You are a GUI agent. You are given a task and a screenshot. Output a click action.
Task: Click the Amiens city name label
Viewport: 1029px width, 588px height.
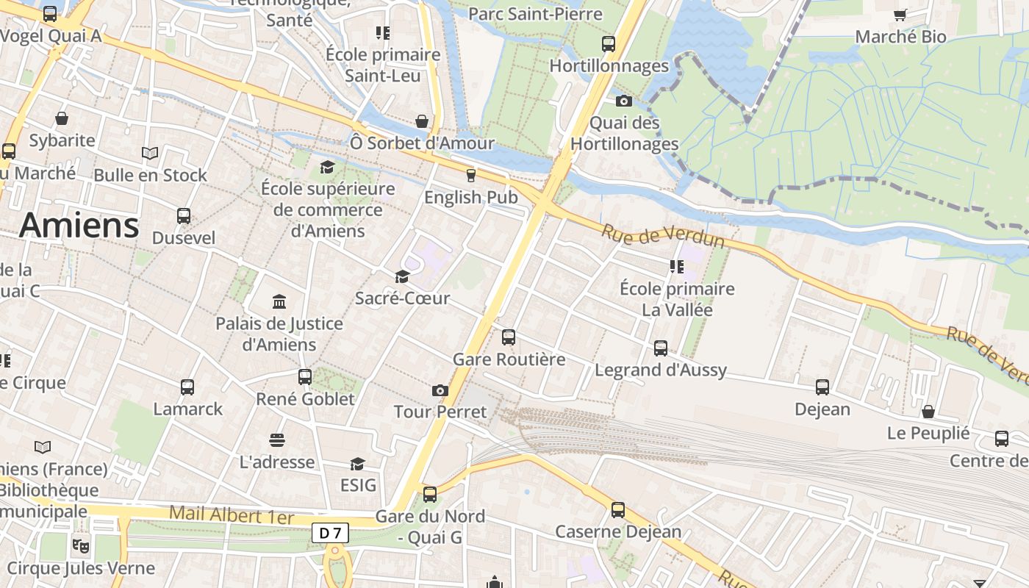click(x=79, y=225)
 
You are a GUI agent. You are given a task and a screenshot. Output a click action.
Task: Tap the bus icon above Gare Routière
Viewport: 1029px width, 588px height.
click(x=509, y=337)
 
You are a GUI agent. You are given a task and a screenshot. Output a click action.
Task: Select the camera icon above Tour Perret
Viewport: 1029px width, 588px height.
click(x=440, y=390)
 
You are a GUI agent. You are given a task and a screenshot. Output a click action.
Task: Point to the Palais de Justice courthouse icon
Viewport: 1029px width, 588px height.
click(x=279, y=301)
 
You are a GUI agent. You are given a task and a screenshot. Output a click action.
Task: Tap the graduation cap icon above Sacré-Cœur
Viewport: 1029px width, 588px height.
click(x=402, y=276)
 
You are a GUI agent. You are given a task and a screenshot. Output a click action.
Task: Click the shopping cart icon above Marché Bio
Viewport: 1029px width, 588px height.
click(x=900, y=15)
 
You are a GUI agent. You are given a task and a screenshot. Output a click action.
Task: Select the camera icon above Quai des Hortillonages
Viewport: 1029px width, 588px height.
click(x=624, y=101)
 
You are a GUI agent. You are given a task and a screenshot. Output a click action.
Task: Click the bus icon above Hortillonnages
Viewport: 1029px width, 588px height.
click(x=609, y=43)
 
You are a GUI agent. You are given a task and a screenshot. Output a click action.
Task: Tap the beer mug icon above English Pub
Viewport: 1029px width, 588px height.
click(x=471, y=175)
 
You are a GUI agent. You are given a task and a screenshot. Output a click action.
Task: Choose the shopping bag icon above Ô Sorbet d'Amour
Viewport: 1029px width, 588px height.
click(x=422, y=121)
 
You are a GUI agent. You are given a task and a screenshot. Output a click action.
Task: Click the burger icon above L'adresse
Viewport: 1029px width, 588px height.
click(x=277, y=440)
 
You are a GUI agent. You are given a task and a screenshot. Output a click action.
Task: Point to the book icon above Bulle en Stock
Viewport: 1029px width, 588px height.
click(x=150, y=153)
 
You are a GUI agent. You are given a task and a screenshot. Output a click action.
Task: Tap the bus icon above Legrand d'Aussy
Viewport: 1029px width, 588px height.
click(x=661, y=348)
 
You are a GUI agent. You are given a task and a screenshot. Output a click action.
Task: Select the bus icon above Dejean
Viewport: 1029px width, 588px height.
click(x=822, y=387)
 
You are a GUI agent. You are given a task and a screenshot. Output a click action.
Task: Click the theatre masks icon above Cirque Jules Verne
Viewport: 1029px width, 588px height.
click(x=80, y=545)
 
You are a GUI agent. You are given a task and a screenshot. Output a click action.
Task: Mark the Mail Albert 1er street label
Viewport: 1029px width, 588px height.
click(x=232, y=514)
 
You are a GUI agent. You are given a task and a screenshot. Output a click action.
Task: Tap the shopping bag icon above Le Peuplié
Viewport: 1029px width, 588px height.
click(x=928, y=412)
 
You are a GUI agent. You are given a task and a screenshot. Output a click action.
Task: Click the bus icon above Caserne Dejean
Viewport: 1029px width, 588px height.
click(x=618, y=509)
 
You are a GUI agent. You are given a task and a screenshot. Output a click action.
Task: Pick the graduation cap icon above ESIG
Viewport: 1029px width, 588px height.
click(x=358, y=464)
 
